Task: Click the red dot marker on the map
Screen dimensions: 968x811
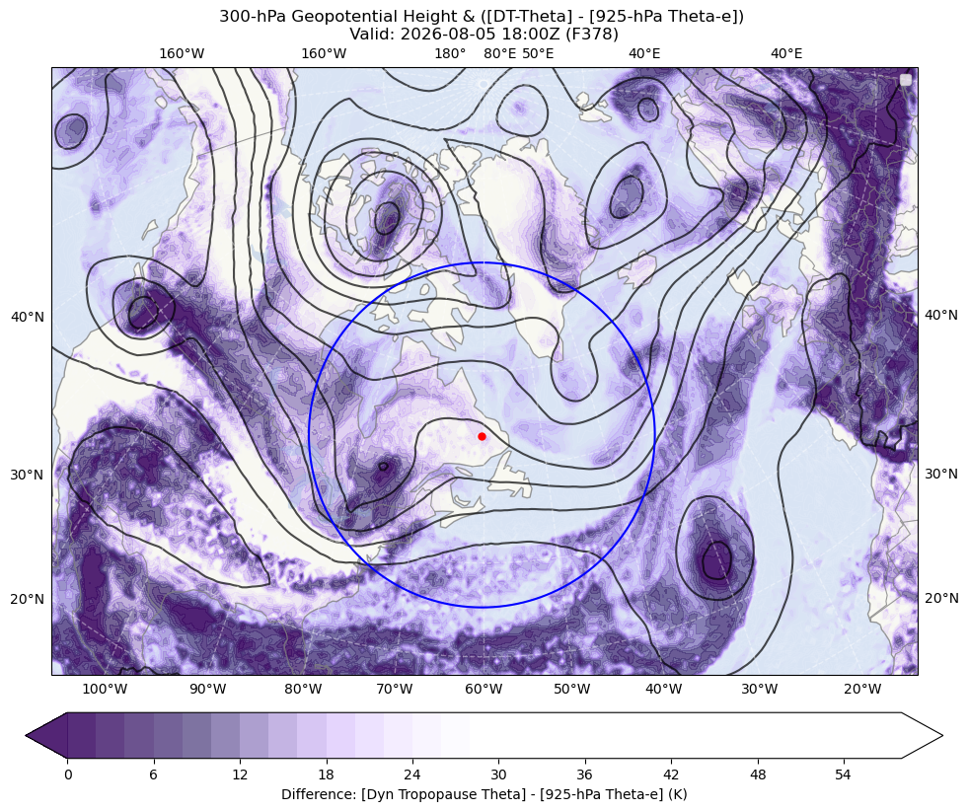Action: coord(482,436)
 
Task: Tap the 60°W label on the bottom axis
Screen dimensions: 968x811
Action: coord(484,689)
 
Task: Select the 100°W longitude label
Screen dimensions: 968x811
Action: coord(105,689)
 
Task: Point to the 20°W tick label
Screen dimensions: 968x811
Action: coord(862,689)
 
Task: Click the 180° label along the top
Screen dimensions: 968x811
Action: coord(450,53)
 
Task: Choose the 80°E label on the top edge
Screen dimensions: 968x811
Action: coord(500,53)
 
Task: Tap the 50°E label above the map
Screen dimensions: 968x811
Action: coord(538,53)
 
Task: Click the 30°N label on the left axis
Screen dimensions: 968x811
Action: coord(28,475)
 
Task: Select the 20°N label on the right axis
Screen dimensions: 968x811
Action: coord(940,598)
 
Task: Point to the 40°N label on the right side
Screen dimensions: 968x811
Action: coord(940,315)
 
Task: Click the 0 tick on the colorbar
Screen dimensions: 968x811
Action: coord(68,774)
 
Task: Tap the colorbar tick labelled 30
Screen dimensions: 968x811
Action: coord(498,774)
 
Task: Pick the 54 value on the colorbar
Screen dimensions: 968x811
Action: coord(844,774)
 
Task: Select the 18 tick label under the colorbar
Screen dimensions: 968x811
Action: coord(326,774)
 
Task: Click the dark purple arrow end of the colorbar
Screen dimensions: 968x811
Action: coord(47,735)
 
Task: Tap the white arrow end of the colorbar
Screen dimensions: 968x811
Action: coord(922,735)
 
